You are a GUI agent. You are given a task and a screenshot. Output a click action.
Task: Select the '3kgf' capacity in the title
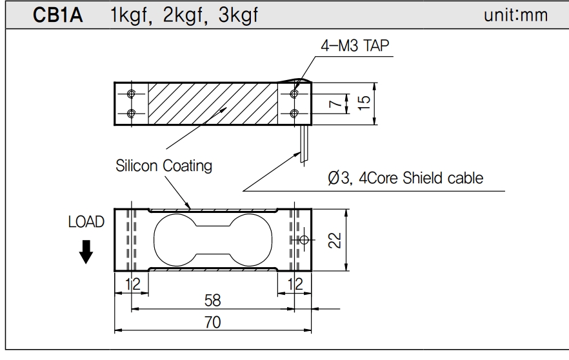point(237,15)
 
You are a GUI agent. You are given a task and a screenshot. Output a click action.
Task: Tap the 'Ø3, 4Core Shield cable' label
point(405,178)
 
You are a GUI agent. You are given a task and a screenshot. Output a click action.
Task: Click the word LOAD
point(86,223)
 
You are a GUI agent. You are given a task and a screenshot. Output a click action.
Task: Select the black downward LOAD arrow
point(85,252)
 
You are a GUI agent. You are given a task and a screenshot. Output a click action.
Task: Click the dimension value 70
point(213,323)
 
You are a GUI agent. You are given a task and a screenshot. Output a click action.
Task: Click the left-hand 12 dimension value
point(132,283)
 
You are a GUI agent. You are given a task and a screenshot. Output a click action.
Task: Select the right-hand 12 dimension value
point(294,283)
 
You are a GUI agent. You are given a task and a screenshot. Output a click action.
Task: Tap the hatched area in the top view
point(213,103)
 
